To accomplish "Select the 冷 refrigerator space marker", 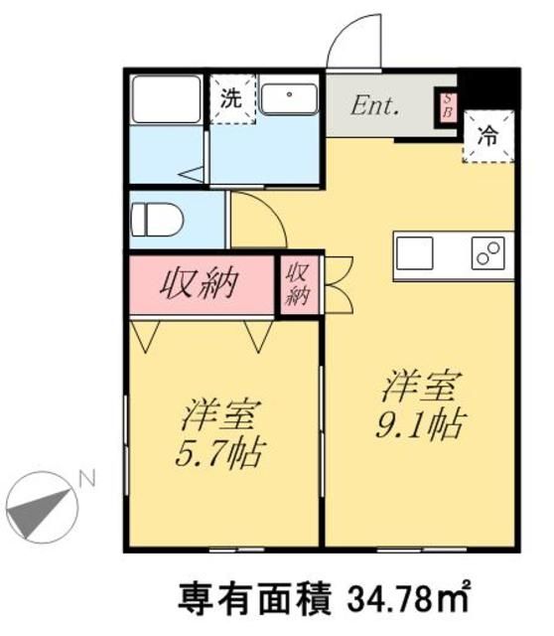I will [488, 136].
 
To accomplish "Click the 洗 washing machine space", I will [230, 98].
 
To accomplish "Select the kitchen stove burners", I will [489, 255].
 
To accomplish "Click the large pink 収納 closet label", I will [202, 284].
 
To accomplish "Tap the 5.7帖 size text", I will [221, 453].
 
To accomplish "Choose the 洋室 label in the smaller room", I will [220, 411].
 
